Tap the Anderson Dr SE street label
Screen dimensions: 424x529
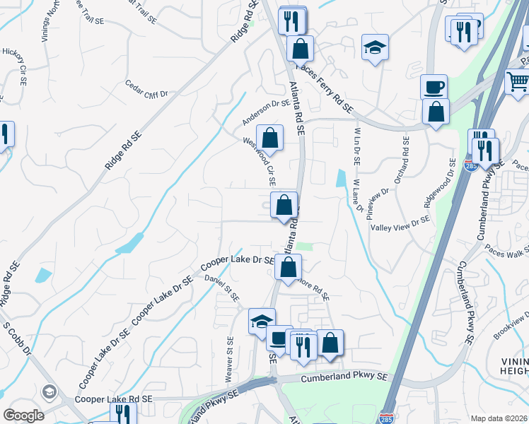tap(267, 112)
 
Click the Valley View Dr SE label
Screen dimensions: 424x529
tap(400, 224)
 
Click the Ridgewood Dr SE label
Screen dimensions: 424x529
tap(439, 182)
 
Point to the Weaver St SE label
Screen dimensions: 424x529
tap(229, 360)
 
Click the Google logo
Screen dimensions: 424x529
tap(23, 415)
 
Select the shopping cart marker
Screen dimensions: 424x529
tap(518, 83)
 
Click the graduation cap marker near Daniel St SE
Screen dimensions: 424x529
tap(262, 321)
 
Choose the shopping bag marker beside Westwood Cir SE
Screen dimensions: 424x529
tap(269, 137)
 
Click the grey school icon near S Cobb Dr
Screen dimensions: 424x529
tap(49, 391)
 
